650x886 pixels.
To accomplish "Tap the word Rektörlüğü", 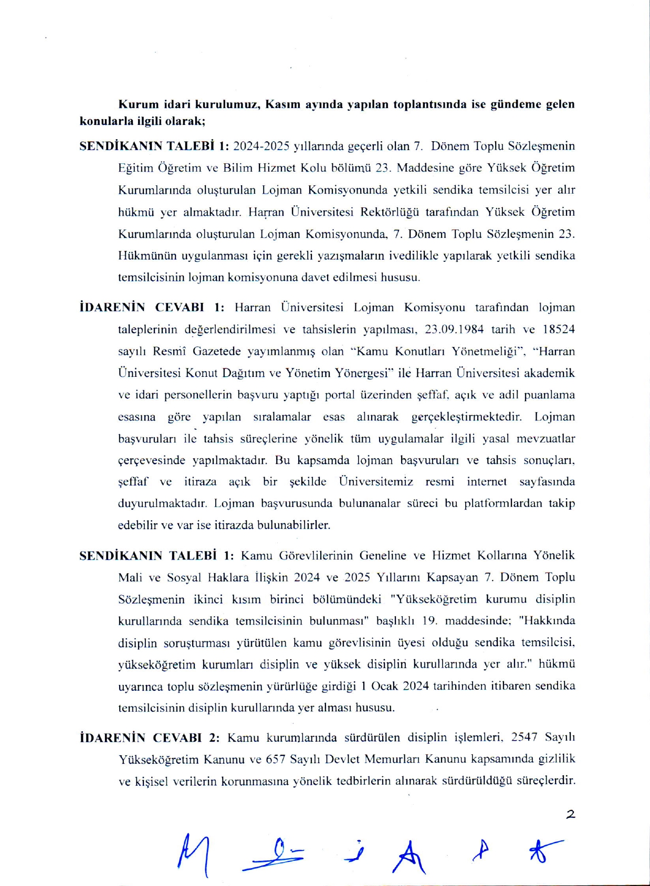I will coord(390,212).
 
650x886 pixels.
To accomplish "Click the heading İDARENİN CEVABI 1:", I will coord(152,307).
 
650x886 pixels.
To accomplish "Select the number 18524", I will coord(559,329).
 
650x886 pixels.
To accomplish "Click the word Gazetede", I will coord(214,351).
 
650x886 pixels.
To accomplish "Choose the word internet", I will coord(487,481).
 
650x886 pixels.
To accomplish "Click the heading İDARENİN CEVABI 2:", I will coord(150,737).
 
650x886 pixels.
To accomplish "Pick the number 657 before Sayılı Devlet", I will coord(276,760).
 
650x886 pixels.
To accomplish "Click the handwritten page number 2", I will coord(571,814).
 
